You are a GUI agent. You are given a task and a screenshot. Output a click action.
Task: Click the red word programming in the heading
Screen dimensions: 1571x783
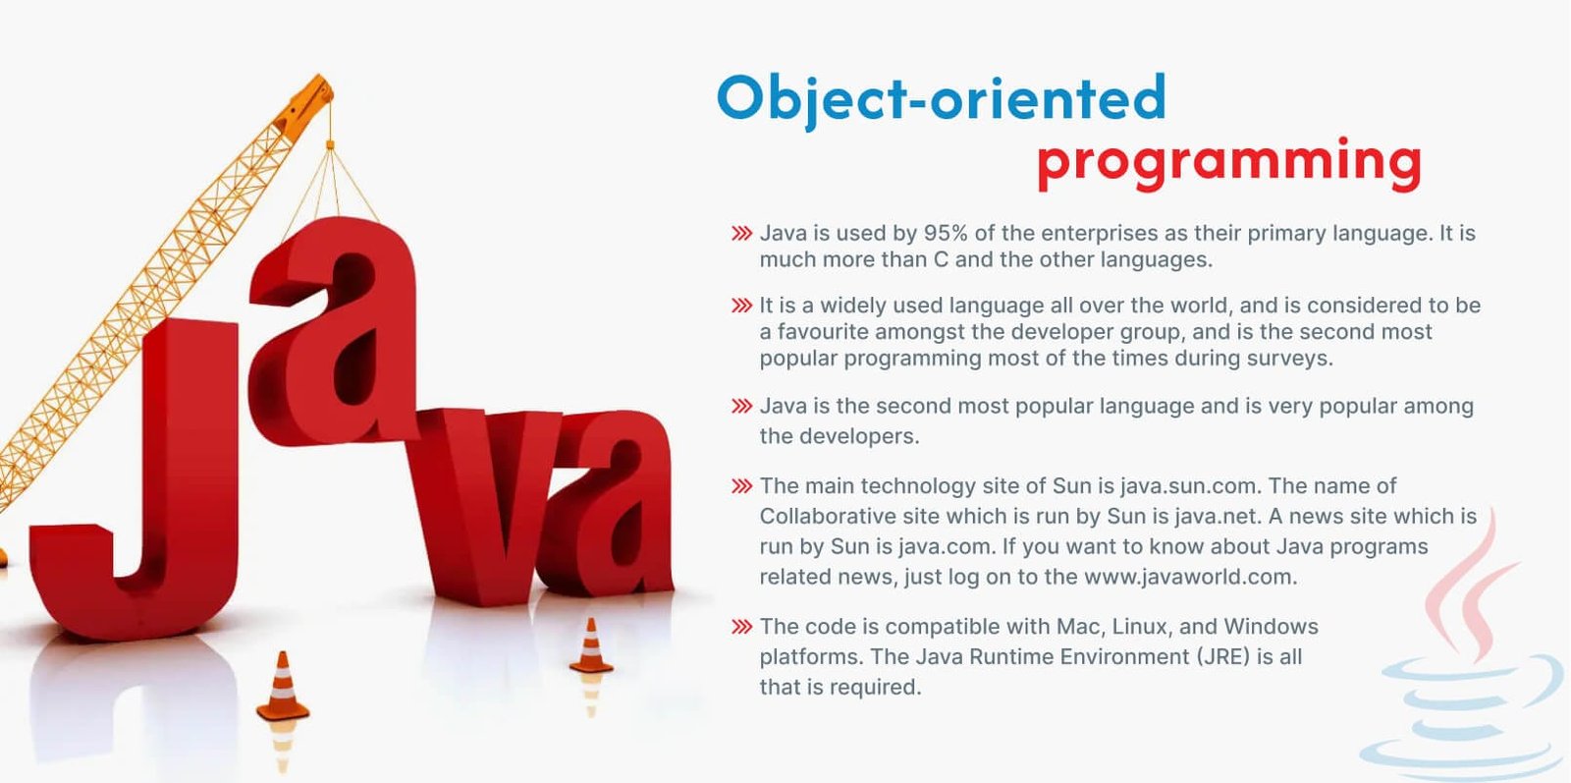tap(1229, 164)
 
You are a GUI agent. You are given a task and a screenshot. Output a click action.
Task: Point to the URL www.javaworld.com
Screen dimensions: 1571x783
tap(1190, 577)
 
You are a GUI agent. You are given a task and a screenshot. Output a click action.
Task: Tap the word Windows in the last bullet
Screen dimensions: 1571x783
tap(1271, 626)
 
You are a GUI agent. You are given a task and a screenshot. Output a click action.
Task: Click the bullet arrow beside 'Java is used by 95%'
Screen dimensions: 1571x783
tap(741, 233)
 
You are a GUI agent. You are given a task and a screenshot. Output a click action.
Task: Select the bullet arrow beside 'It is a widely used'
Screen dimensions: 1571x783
tap(741, 306)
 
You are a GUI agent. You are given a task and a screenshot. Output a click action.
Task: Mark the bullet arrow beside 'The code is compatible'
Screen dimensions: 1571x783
tap(741, 627)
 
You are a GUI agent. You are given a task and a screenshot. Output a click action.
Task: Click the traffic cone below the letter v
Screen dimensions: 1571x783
tap(590, 645)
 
